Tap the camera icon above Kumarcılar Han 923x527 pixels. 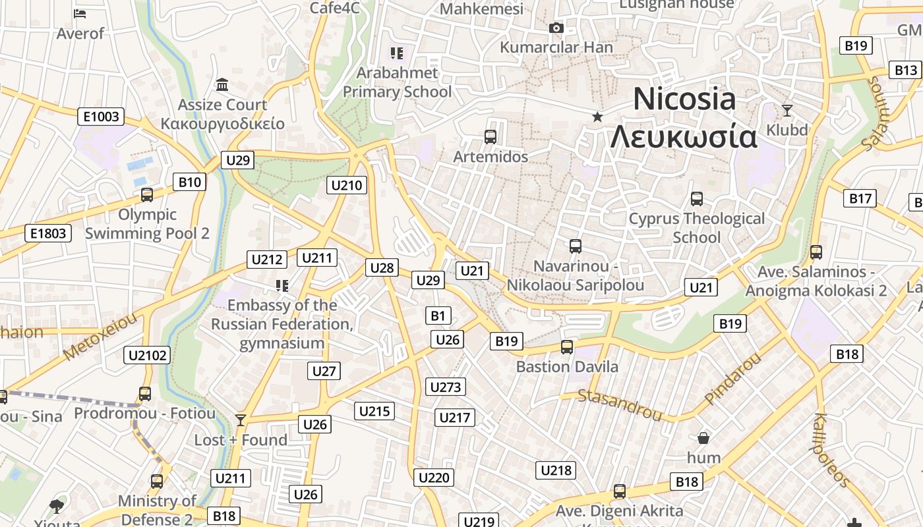[x=556, y=28]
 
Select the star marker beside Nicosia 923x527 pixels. [x=597, y=117]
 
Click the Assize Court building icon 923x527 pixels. [x=222, y=85]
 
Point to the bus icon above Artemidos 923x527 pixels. [x=491, y=137]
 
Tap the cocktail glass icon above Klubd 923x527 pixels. [x=787, y=110]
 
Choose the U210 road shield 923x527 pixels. [x=347, y=185]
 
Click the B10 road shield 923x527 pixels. [x=189, y=182]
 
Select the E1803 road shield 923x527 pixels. [x=48, y=233]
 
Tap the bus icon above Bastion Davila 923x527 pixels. [x=566, y=347]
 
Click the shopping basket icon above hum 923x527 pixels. [x=703, y=438]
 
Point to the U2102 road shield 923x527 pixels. [x=147, y=355]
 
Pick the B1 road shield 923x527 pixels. [x=438, y=316]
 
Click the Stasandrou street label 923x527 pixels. [x=620, y=404]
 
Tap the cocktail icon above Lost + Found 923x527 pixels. [x=241, y=420]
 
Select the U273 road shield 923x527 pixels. [x=446, y=387]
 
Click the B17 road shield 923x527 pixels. [x=860, y=198]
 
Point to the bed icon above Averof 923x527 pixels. [x=80, y=13]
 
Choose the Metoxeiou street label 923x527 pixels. [x=102, y=337]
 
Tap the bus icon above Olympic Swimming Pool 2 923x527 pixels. [x=147, y=195]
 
